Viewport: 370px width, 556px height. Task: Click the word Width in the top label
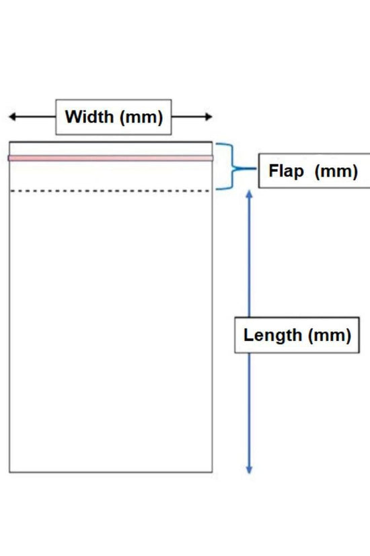click(89, 117)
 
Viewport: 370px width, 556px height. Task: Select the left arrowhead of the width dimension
click(12, 117)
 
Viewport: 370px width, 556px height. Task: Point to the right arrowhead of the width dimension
click(209, 117)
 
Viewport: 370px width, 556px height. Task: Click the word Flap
click(286, 171)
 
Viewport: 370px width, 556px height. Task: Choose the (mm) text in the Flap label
click(336, 172)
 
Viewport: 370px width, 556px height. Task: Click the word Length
click(272, 336)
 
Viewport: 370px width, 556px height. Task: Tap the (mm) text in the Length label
click(330, 336)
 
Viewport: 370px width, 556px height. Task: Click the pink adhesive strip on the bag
click(110, 158)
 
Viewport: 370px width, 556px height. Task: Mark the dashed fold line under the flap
click(110, 191)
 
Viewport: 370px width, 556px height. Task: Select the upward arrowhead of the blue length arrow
click(250, 194)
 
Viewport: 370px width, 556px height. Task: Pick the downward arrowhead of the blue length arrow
click(250, 470)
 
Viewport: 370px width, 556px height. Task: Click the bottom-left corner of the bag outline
click(9, 472)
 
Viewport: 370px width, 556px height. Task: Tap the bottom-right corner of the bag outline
click(212, 472)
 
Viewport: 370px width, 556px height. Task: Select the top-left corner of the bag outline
click(9, 142)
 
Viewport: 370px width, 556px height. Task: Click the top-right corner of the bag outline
click(212, 142)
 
